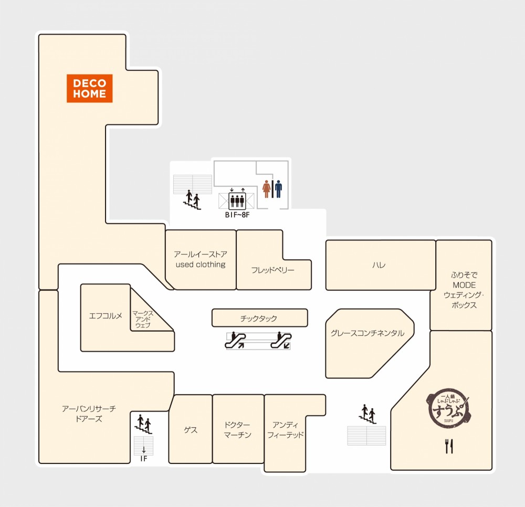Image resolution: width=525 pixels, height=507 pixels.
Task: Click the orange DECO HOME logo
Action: coord(89,88)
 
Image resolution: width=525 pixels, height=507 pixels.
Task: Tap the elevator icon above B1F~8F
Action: coord(237,200)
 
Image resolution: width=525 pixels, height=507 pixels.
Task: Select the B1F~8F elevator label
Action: coord(237,215)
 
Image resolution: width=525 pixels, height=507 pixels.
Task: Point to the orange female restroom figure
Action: coord(267,189)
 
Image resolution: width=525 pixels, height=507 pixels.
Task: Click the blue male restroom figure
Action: coord(278,189)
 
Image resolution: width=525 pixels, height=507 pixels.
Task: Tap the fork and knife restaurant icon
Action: coord(449,446)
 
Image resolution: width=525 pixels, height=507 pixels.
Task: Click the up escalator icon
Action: coord(235,340)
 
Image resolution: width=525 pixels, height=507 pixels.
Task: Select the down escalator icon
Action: coord(281,340)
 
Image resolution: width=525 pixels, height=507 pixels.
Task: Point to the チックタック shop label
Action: coord(258,318)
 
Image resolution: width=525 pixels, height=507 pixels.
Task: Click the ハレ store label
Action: coord(379,265)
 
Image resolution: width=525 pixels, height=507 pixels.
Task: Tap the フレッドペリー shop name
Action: coord(272,270)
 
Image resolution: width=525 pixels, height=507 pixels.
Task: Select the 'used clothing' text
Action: coord(201,265)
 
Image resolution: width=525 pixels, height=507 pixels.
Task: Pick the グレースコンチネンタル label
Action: coord(367,333)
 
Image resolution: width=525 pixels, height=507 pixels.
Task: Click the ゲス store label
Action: coord(191,430)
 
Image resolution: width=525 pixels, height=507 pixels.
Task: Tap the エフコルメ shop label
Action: coord(106,315)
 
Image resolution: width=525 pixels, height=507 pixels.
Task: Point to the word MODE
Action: coord(464,285)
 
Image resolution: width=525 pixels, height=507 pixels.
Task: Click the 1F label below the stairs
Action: coord(144,459)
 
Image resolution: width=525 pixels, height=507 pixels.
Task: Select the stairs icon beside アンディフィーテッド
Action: coord(367,414)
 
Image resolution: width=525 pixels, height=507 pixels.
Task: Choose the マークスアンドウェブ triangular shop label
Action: coord(143,319)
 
